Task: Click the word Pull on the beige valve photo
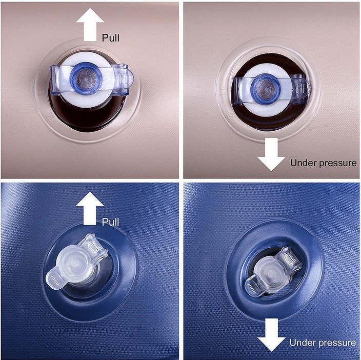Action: coord(111,38)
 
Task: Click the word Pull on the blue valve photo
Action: coord(111,222)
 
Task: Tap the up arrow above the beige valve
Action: coord(90,25)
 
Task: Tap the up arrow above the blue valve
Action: coord(90,208)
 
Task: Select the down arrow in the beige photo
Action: coord(271,154)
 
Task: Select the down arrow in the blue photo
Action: coord(271,335)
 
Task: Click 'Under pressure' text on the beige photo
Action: coord(323,163)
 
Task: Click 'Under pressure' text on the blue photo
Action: coord(323,343)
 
